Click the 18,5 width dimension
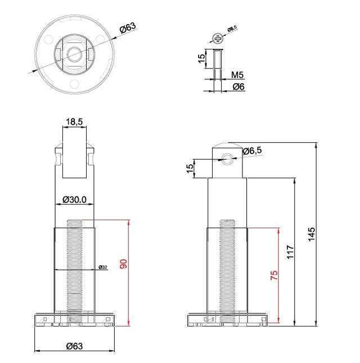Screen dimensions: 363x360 (75, 121)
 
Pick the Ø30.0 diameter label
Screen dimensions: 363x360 (74, 199)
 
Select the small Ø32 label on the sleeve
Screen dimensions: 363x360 (103, 267)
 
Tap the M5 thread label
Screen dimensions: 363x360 (237, 75)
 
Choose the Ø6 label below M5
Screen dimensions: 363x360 (238, 87)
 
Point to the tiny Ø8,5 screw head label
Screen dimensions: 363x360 (233, 30)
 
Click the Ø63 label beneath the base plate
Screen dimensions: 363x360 (75, 346)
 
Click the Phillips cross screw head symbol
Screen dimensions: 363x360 (218, 38)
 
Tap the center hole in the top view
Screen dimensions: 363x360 (75, 53)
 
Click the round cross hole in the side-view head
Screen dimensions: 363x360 (227, 158)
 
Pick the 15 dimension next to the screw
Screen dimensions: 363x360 (202, 60)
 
